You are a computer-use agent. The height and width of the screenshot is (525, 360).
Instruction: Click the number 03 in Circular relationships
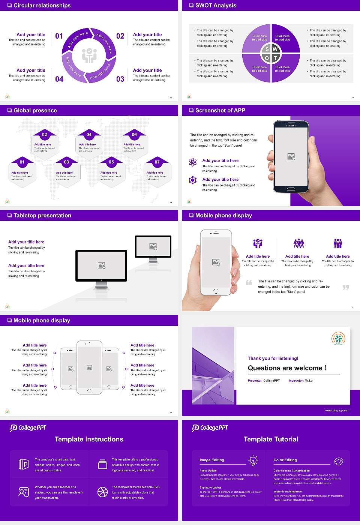pyautogui.click(x=120, y=79)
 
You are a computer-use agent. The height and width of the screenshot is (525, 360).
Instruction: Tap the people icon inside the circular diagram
pyautogui.click(x=89, y=55)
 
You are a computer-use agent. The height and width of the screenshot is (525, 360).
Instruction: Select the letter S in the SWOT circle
pyautogui.click(x=267, y=49)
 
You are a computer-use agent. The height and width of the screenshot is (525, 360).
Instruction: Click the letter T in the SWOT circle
pyautogui.click(x=275, y=58)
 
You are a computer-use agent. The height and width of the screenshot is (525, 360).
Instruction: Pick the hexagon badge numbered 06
pyautogui.click(x=134, y=135)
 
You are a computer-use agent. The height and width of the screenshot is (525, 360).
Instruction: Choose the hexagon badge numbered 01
pyautogui.click(x=22, y=162)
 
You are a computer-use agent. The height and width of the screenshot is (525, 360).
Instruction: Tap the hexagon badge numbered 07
pyautogui.click(x=157, y=162)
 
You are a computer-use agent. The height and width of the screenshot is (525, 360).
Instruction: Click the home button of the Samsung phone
pyautogui.click(x=291, y=189)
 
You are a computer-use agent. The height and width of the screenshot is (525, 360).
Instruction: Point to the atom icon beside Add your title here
pyautogui.click(x=193, y=162)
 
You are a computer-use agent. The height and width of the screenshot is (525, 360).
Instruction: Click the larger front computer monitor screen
pyautogui.click(x=101, y=265)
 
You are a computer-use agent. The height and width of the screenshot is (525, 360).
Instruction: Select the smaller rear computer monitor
pyautogui.click(x=153, y=246)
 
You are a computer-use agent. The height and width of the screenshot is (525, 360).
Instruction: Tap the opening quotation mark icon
pyautogui.click(x=249, y=282)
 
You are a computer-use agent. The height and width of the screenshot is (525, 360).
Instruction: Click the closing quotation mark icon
pyautogui.click(x=346, y=287)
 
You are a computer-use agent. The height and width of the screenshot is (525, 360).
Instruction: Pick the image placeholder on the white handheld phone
pyautogui.click(x=216, y=262)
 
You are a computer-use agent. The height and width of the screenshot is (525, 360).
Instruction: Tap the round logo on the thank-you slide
pyautogui.click(x=338, y=338)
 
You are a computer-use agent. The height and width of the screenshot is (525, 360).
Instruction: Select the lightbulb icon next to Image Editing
pyautogui.click(x=253, y=460)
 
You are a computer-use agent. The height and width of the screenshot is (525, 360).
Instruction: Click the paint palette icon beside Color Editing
pyautogui.click(x=338, y=461)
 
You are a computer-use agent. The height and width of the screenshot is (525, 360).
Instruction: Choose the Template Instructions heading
pyautogui.click(x=89, y=439)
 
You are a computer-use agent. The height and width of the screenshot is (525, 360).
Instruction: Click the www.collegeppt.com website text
pyautogui.click(x=337, y=410)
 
